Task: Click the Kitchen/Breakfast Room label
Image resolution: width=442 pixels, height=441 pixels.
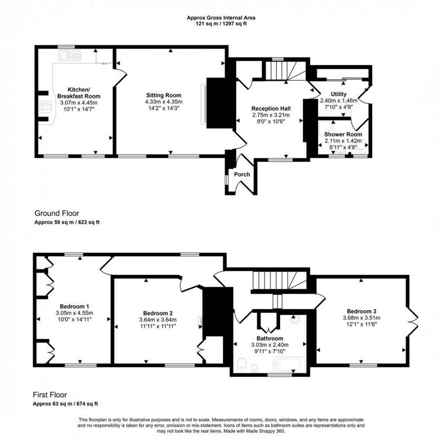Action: [78, 93]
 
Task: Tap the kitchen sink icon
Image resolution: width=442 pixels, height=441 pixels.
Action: [69, 55]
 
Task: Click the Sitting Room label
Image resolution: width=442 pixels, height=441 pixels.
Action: [163, 95]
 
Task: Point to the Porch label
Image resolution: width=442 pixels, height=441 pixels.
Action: [241, 175]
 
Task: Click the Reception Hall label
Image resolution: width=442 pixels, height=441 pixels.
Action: [271, 109]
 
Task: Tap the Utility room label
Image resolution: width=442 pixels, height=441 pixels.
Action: [338, 94]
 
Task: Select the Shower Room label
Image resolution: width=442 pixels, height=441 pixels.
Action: [343, 134]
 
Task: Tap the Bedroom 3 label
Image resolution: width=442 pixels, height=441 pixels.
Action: [361, 311]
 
